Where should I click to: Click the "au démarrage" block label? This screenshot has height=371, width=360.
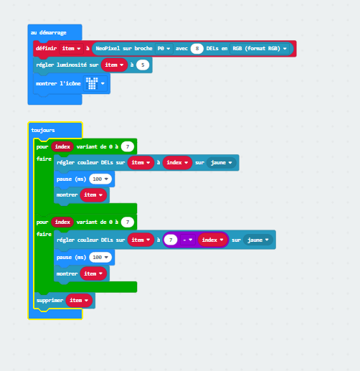coord(49,32)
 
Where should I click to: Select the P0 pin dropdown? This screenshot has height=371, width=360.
coord(164,49)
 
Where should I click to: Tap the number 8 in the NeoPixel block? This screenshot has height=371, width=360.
coord(197,49)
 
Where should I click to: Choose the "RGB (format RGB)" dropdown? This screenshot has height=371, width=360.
coord(260,49)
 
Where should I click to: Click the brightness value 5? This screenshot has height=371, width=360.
coord(143,65)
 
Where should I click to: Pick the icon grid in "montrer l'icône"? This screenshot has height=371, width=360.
coord(92,83)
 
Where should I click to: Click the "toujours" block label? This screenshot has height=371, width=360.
coord(43,130)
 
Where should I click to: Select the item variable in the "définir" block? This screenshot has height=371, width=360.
coord(71,49)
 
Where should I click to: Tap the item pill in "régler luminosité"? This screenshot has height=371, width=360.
coord(114,65)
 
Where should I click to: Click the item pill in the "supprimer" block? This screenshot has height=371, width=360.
coord(79,300)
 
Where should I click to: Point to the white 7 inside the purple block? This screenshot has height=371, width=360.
coord(171,240)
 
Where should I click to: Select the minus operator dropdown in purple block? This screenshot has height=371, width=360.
coord(187,240)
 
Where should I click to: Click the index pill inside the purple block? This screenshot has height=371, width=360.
coord(212,240)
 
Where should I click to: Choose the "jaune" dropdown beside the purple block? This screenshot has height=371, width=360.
coord(258,240)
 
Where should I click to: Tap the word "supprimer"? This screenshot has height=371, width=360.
coord(49,301)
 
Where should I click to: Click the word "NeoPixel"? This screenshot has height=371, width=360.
coord(108,48)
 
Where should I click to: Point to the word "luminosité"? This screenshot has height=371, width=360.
coord(72,65)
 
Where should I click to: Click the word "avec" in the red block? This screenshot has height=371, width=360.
coord(181,49)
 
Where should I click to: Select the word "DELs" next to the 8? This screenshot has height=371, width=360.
coord(212,49)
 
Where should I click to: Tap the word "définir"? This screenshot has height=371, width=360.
coord(47,48)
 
